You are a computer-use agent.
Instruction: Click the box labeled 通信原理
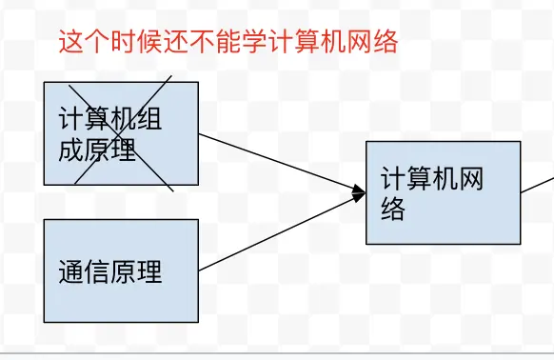[121, 270]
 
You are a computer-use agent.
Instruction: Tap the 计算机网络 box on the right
[443, 192]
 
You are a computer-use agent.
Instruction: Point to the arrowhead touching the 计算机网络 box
[359, 194]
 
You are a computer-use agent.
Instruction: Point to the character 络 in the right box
[393, 209]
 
